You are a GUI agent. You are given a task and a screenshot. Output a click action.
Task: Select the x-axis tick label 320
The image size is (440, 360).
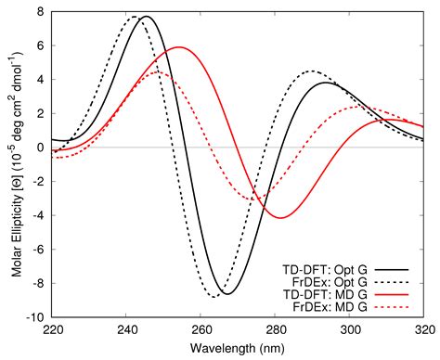click(x=422, y=328)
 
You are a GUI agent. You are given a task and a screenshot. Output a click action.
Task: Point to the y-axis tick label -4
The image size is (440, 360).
click(x=39, y=214)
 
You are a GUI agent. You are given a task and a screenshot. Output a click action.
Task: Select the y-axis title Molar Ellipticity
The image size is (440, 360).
click(x=12, y=163)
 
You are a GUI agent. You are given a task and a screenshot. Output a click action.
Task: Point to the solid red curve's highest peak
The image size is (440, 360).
click(x=180, y=47)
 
